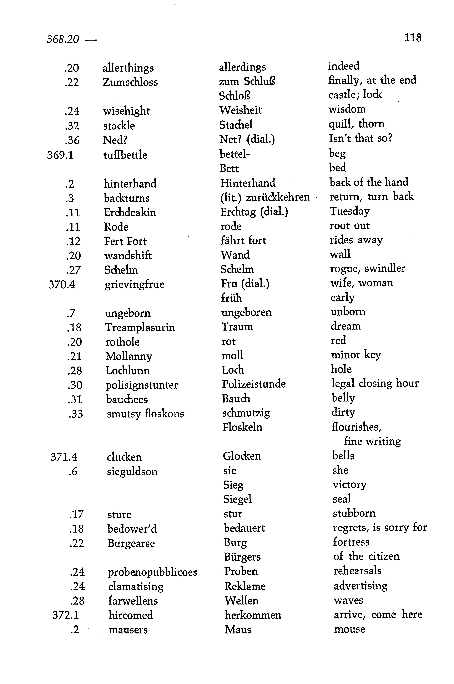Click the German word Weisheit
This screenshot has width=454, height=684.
(240, 110)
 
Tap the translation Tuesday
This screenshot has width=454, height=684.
(349, 211)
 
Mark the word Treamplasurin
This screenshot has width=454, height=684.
(140, 328)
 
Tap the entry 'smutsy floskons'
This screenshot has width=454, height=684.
(145, 414)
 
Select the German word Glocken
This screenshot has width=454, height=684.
(242, 456)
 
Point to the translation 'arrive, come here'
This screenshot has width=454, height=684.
(378, 615)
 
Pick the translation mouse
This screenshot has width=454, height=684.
(349, 629)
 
